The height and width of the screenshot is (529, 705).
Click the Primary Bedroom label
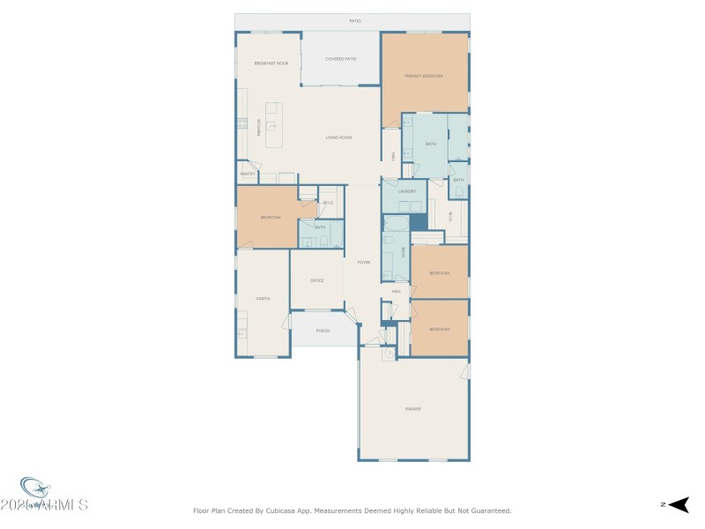click(x=423, y=76)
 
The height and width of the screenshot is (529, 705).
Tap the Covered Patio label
click(x=340, y=58)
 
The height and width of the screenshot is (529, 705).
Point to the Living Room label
click(x=338, y=138)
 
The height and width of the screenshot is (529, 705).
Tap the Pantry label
click(x=247, y=174)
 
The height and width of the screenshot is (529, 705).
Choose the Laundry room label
click(x=406, y=190)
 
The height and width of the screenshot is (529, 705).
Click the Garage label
click(x=412, y=408)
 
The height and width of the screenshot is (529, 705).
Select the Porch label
click(x=323, y=331)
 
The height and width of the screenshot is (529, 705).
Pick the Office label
click(x=316, y=280)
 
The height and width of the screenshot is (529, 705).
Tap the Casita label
click(x=262, y=298)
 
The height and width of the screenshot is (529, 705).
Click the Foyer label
click(x=362, y=262)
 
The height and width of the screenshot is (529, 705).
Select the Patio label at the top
click(x=355, y=20)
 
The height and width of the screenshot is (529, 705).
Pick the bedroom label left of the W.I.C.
click(x=270, y=217)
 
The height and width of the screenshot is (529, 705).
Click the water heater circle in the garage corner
click(x=389, y=354)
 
